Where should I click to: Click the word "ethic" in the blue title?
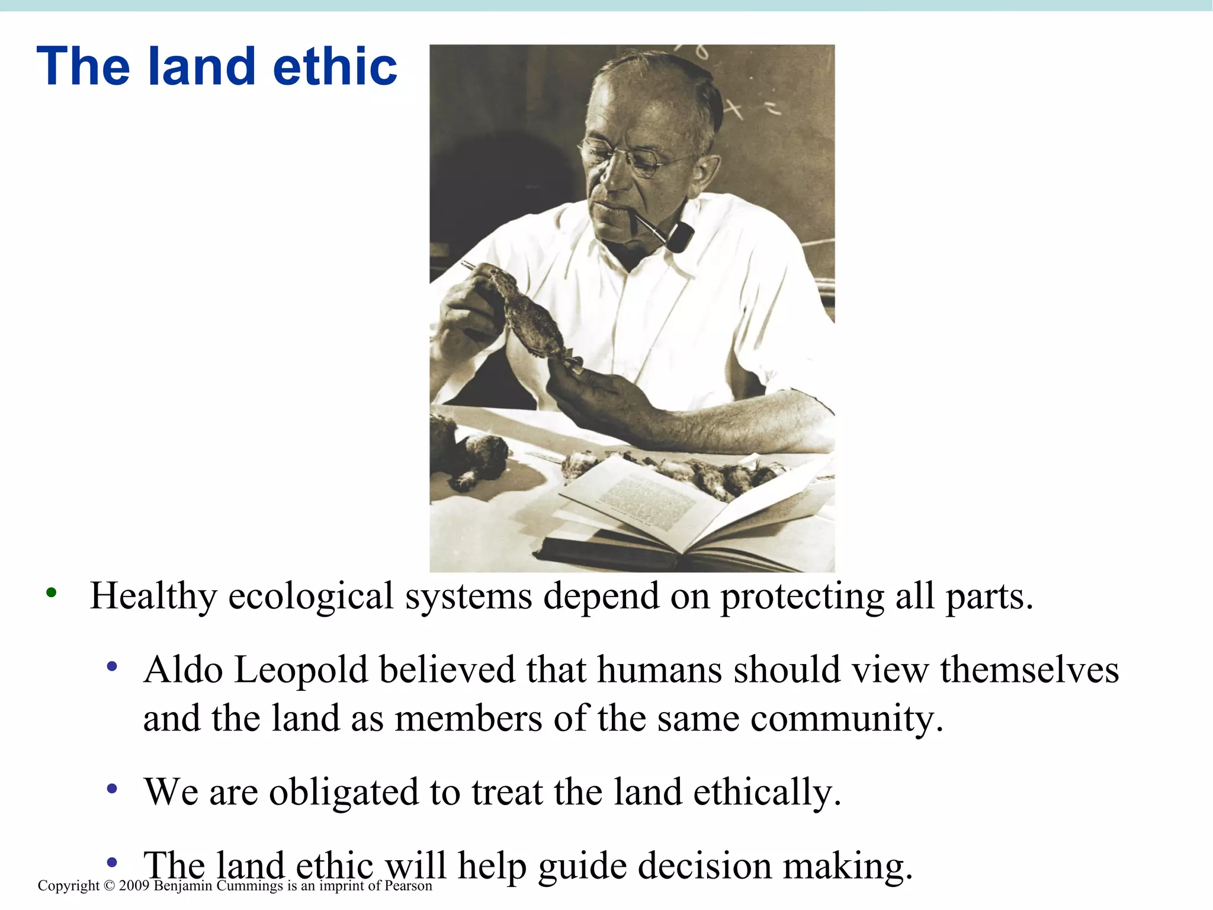[x=335, y=66]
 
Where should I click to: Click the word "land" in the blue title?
[x=201, y=66]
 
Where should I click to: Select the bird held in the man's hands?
[x=527, y=314]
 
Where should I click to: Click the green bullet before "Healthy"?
[x=52, y=592]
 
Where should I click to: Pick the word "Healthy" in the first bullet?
[x=153, y=596]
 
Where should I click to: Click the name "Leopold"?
[x=301, y=671]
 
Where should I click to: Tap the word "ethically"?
[x=767, y=793]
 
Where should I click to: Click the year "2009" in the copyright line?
[x=134, y=886]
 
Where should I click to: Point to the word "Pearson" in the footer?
[x=408, y=886]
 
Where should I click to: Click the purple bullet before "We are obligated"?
[x=112, y=789]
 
